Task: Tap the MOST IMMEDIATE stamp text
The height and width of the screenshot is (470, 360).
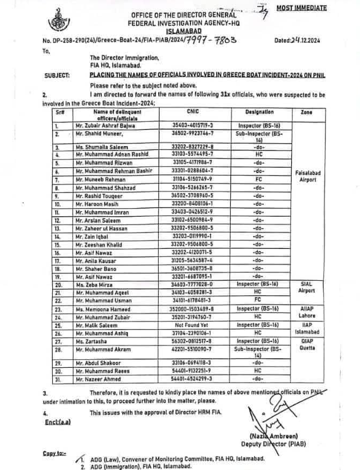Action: pyautogui.click(x=301, y=8)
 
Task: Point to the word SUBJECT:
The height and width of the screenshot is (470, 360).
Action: pyautogui.click(x=57, y=75)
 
